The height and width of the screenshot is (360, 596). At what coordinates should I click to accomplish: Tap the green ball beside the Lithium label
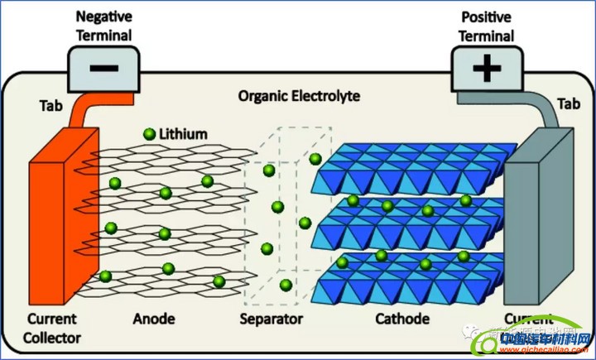149,134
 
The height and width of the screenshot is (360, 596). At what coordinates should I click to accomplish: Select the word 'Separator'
272,319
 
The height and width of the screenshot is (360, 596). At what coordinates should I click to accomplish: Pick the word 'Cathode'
401,319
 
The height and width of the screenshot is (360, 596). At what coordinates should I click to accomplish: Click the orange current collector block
54,232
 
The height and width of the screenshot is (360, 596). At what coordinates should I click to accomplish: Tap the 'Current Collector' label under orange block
51,327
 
